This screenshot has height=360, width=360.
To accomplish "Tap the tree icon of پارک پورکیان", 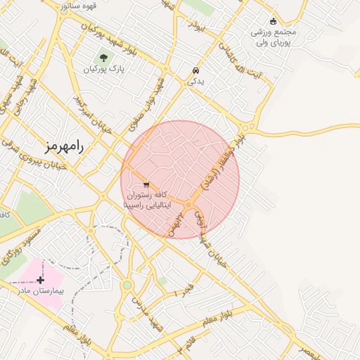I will coord(104,58).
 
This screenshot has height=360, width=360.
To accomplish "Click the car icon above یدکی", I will coord(195,71).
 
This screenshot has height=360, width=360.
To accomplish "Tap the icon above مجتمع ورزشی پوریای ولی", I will coord(274,21).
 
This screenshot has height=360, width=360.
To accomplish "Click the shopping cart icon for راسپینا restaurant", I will coord(146,185).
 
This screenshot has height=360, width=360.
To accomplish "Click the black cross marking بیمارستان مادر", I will coord(41,279).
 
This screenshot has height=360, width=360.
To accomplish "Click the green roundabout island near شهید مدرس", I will coord(127,285).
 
